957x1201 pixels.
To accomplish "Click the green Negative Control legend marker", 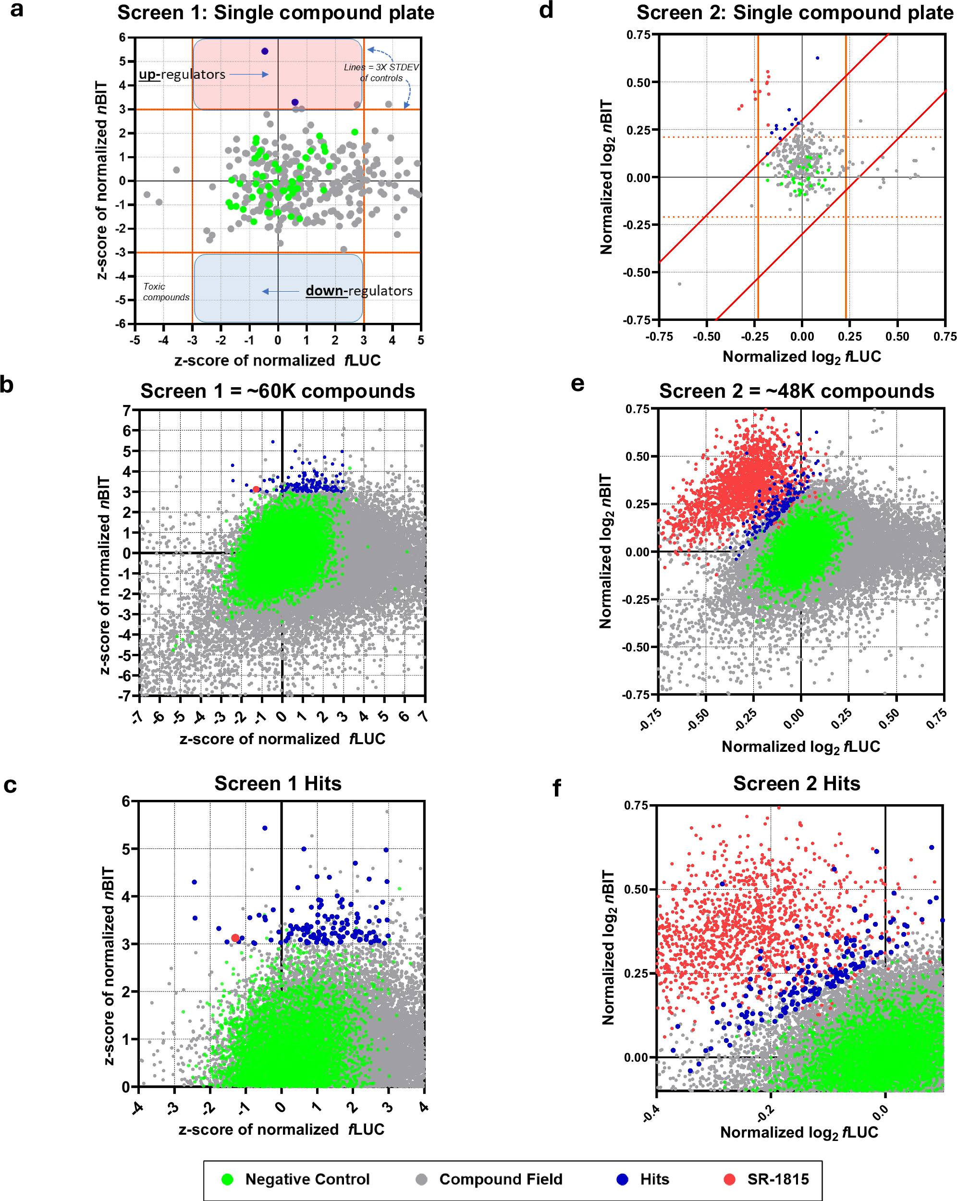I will click(227, 1179).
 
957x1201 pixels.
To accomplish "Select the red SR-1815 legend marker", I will click(729, 1179).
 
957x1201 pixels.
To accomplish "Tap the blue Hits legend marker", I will click(622, 1179).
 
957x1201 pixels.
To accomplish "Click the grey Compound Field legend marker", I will click(422, 1179).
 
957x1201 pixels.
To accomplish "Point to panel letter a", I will click(17, 10).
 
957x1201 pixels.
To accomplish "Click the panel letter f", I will click(556, 788).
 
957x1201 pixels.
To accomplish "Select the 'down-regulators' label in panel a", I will click(359, 291).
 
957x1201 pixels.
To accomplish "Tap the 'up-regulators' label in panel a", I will click(182, 74).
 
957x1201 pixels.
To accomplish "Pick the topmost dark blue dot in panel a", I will click(265, 51).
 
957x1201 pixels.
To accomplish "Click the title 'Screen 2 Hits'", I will click(796, 783).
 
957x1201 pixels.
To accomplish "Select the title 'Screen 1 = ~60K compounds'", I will click(277, 391).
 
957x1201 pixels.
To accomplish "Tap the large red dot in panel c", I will click(235, 939).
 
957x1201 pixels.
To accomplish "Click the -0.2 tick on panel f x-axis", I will click(766, 1112).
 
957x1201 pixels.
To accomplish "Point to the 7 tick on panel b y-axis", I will click(127, 411).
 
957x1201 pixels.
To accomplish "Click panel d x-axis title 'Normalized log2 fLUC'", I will click(802, 356).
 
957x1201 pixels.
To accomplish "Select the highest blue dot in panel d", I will click(817, 58).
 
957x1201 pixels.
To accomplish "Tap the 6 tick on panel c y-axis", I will click(126, 802).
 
